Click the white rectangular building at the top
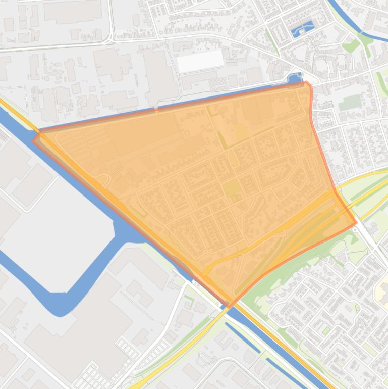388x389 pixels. click(200, 61)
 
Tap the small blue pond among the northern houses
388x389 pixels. click(302, 29)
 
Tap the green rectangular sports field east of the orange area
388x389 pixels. click(349, 103)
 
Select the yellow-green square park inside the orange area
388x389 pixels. click(232, 188)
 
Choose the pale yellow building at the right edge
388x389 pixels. click(381, 290)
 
